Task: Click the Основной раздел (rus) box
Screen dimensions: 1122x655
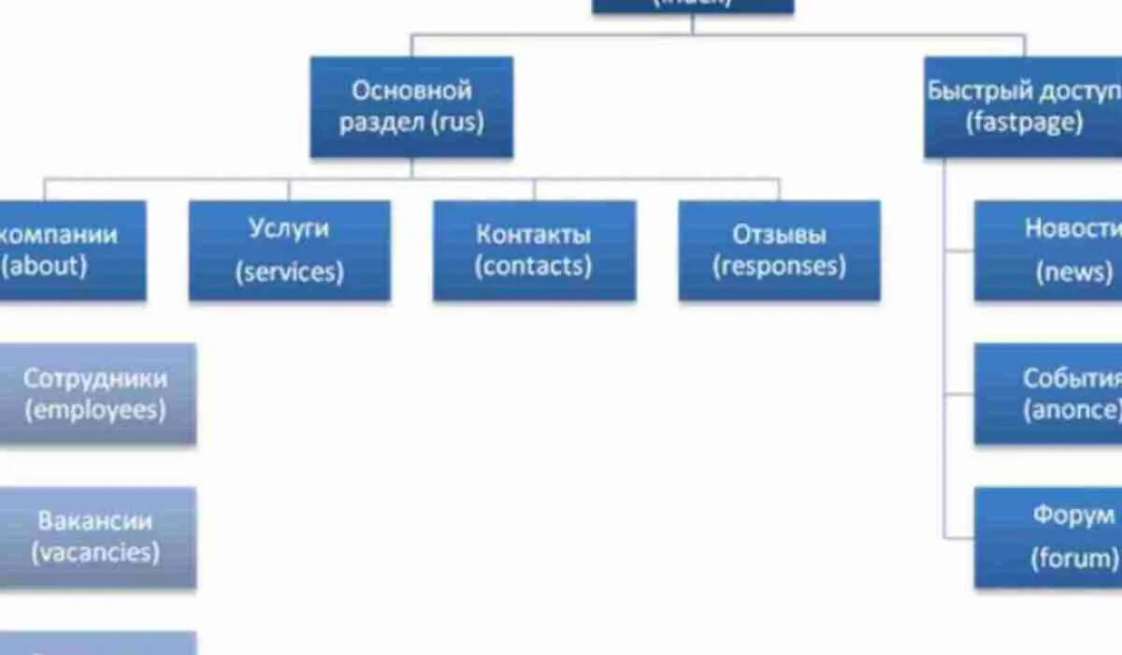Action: [411, 107]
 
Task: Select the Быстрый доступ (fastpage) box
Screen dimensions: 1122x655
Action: [1023, 107]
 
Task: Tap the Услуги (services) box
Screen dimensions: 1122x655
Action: [290, 250]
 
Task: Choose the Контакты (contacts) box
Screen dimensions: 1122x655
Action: [534, 250]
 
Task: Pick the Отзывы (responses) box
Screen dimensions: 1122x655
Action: [779, 250]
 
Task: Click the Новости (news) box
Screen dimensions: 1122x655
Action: [1048, 250]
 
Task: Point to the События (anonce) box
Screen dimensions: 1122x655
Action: [1048, 394]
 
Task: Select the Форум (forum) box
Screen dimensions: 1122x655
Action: [1048, 537]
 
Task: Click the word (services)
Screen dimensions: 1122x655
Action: [290, 272]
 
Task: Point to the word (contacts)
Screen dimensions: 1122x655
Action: [533, 266]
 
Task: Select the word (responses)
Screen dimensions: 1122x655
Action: [779, 266]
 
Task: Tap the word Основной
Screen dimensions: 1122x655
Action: [411, 91]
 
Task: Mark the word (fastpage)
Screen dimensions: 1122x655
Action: [1024, 123]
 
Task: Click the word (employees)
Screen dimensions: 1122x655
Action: [95, 410]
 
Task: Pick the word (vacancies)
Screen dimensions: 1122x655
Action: [95, 552]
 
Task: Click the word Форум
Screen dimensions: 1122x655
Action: [1073, 515]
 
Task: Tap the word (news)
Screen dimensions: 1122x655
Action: [1074, 272]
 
